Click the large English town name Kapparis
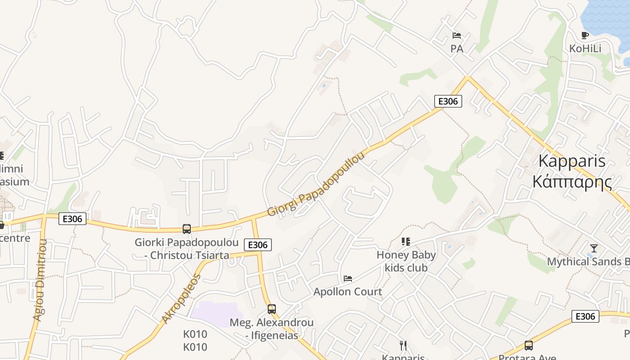[x=572, y=161]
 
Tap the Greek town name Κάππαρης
[x=572, y=182]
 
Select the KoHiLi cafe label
[x=585, y=49]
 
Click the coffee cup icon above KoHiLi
[x=585, y=35]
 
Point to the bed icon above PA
[x=457, y=35]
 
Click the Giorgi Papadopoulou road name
[x=316, y=184]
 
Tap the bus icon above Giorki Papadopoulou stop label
[x=187, y=229]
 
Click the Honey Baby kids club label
[x=406, y=261]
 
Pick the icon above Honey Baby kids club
[x=406, y=242]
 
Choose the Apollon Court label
[x=348, y=292]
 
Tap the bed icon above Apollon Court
[x=348, y=278]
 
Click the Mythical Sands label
[x=587, y=261]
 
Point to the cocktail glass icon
[x=594, y=248]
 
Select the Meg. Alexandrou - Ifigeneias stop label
[x=271, y=329]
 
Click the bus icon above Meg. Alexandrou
[x=271, y=309]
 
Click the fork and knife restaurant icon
[x=403, y=346]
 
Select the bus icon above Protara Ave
[x=529, y=346]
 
